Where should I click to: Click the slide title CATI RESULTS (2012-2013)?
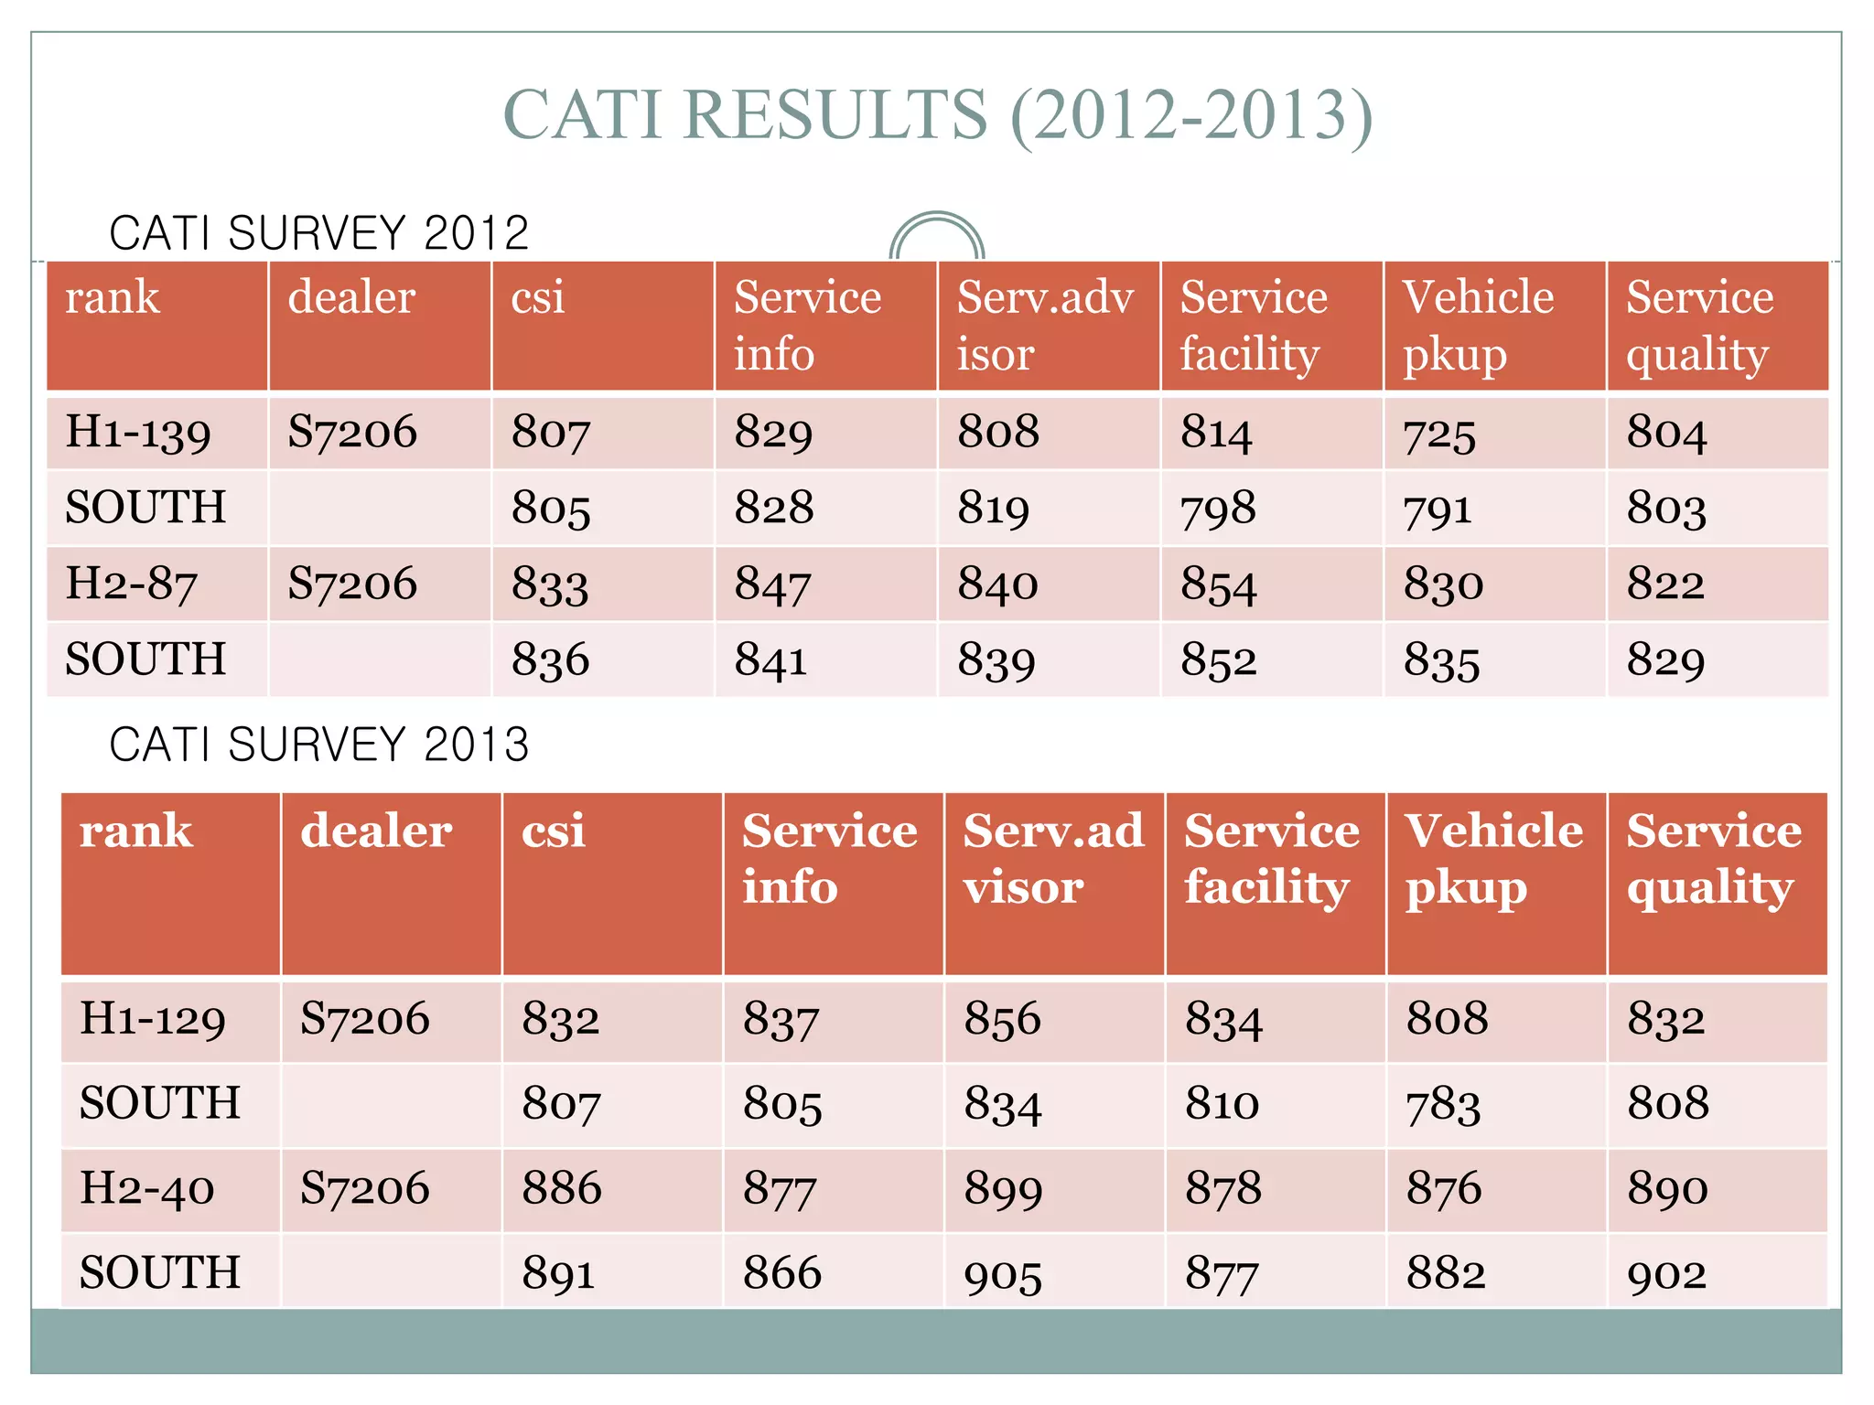(937, 115)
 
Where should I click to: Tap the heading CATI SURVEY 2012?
(318, 232)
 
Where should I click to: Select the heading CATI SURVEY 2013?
(318, 744)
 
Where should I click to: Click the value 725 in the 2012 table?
(1439, 434)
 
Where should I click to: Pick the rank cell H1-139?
(138, 432)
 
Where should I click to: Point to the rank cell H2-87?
(132, 584)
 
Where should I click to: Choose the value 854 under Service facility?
(1218, 585)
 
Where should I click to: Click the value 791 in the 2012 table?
(1438, 509)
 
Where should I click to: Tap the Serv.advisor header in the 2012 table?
(1045, 325)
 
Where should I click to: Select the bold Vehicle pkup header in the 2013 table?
(1493, 859)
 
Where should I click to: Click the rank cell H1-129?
(153, 1019)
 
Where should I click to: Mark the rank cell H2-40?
(147, 1188)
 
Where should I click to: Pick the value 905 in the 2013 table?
(1003, 1274)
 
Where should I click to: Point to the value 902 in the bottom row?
(1666, 1274)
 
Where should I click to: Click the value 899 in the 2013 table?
(1003, 1189)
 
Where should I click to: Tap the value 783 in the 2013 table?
(1443, 1104)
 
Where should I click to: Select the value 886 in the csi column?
(561, 1188)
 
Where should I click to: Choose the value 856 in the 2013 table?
(1002, 1019)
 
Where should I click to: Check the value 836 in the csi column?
(550, 660)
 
